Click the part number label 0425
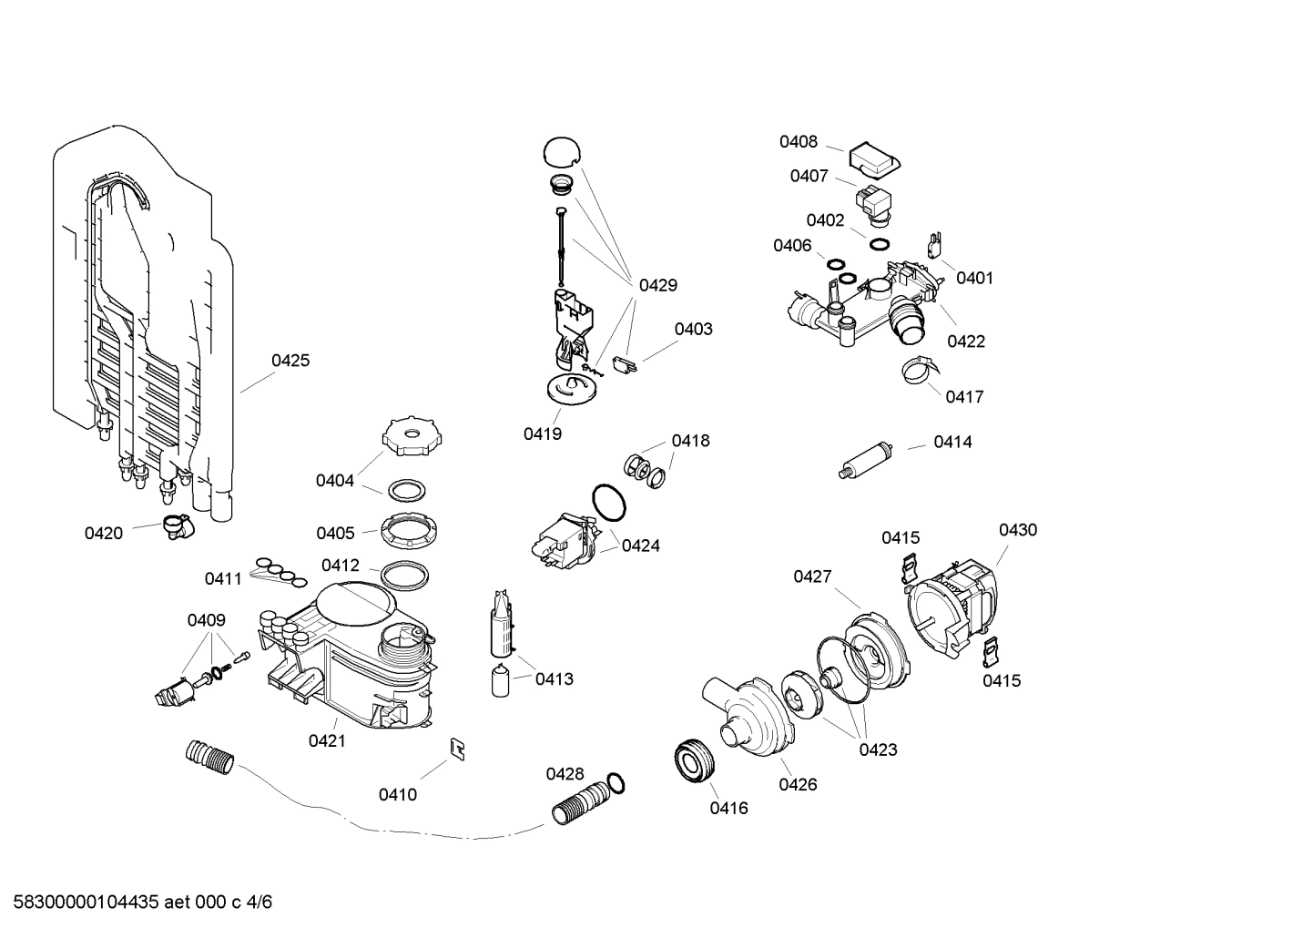(x=290, y=361)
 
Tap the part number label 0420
(x=103, y=534)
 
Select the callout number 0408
(x=798, y=142)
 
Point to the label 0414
(x=952, y=443)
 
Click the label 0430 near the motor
(x=1017, y=530)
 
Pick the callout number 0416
(x=728, y=808)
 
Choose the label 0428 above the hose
(x=565, y=774)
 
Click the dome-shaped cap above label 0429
(x=565, y=152)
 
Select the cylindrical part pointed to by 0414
(x=865, y=458)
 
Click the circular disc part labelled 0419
(x=571, y=391)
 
